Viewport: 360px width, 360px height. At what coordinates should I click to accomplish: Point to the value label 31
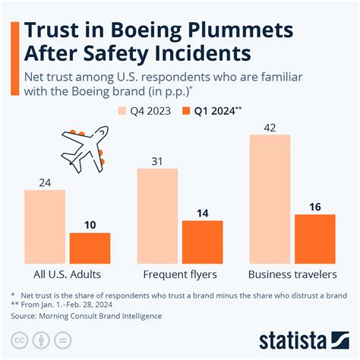click(157, 161)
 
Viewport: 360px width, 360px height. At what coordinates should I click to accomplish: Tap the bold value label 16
click(314, 207)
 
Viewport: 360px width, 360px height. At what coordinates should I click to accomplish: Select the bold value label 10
click(90, 225)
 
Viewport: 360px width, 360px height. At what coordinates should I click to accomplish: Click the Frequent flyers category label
click(180, 274)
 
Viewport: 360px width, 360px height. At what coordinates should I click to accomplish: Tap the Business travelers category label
click(292, 274)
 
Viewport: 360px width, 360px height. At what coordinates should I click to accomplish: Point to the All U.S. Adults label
click(67, 274)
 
